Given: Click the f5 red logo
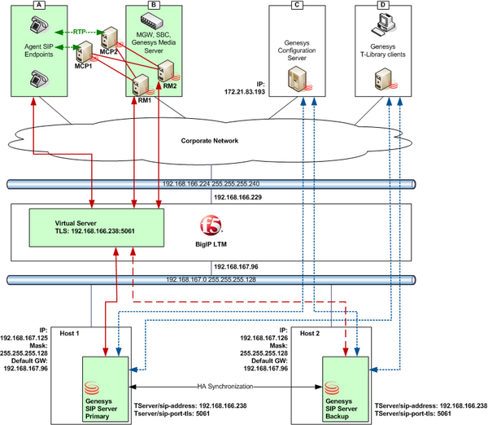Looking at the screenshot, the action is click(211, 225).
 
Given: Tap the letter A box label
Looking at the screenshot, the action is click(39, 5).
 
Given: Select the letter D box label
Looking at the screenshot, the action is click(383, 5).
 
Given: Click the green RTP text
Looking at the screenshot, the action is click(80, 32).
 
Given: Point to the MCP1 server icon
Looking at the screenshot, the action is click(85, 52).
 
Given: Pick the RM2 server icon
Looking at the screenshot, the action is click(167, 71).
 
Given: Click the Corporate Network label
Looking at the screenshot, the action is click(210, 141).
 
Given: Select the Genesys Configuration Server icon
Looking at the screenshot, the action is click(298, 80).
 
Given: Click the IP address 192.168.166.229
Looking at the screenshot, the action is click(237, 197).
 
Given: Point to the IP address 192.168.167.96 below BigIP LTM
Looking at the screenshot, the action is click(236, 267).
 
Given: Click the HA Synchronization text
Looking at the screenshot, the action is click(225, 387).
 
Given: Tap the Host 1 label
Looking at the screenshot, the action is click(69, 333).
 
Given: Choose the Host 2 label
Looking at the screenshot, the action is click(310, 333).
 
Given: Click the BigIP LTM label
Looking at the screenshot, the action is click(211, 244).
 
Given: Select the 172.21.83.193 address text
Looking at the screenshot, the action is click(245, 92).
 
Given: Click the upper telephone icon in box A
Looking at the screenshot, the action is click(40, 25).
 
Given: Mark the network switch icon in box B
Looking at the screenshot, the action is click(152, 20).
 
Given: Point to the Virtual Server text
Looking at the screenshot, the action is click(76, 223).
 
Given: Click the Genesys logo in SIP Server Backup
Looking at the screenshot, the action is click(332, 388).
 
